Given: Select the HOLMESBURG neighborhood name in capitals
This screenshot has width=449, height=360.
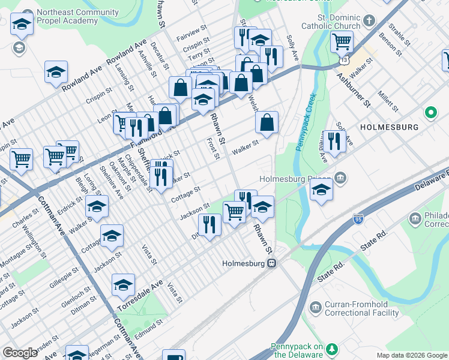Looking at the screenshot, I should click(x=388, y=128).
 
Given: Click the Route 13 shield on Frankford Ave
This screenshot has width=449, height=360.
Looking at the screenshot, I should click(x=344, y=61).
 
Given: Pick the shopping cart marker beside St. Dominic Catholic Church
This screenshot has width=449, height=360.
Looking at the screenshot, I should click(x=342, y=42).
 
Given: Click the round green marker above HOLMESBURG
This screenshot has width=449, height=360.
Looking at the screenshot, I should click(x=430, y=112).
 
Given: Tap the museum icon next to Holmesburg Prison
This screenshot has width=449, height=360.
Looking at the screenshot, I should click(x=340, y=178).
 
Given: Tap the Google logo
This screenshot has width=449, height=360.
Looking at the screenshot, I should click(x=20, y=353).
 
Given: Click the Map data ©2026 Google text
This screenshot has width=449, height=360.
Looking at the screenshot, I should click(x=411, y=355).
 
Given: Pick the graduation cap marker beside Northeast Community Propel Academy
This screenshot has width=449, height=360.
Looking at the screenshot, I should click(x=22, y=26).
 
